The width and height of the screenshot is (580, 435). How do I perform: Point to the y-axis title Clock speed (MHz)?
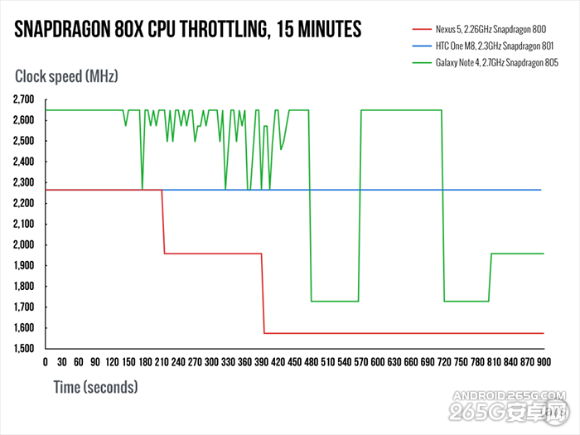coord(67,77)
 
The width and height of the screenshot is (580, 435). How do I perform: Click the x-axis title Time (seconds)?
coord(95,386)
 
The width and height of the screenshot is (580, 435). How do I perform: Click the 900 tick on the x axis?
coord(544,363)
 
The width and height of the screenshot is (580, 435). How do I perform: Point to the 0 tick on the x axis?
coord(45,363)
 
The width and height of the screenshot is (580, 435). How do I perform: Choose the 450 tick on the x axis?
coord(294,363)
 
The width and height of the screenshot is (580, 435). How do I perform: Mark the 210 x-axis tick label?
coord(161,363)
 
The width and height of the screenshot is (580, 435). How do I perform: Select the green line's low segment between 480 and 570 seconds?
coord(335,301)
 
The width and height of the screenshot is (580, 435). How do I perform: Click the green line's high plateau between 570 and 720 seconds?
coord(402,110)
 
